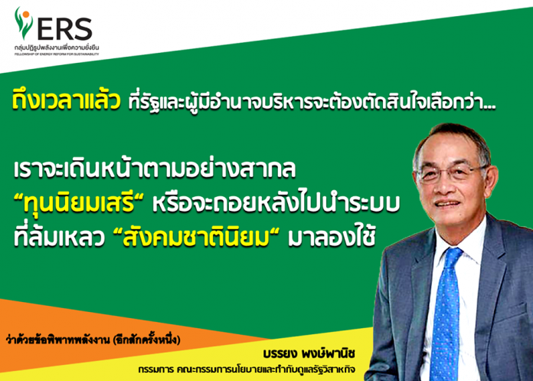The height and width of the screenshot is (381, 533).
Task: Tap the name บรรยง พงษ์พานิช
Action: [x=309, y=354]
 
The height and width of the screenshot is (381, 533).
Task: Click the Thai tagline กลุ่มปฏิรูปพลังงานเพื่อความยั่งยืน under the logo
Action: [x=57, y=48]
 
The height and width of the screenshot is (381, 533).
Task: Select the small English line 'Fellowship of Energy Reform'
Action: [x=57, y=54]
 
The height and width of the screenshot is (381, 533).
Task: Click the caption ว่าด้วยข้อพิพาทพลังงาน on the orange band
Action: [x=93, y=340]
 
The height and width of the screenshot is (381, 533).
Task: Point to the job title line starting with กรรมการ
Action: [x=247, y=369]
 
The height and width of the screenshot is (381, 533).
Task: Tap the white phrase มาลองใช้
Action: [x=332, y=238]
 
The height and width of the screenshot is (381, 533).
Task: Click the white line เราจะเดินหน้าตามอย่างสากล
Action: [x=155, y=168]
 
